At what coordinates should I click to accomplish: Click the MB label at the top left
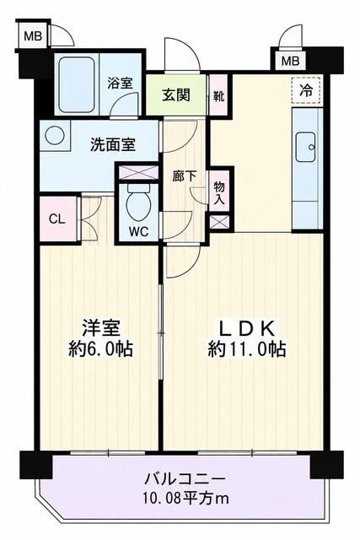tap(33, 35)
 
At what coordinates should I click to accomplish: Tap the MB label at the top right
tap(291, 62)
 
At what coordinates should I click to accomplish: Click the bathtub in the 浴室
tap(76, 84)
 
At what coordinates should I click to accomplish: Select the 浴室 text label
tap(120, 83)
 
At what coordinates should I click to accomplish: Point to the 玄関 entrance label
tap(176, 94)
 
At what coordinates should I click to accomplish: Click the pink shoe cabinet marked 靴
tap(218, 95)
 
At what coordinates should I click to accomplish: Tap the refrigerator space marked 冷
tap(306, 90)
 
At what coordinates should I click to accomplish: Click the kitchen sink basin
tap(306, 147)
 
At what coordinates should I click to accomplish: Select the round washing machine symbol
tap(53, 136)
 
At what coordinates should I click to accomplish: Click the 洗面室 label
tap(113, 144)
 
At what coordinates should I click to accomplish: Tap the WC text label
tap(139, 231)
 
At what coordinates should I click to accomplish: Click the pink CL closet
tap(57, 219)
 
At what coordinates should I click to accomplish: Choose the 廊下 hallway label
tap(185, 177)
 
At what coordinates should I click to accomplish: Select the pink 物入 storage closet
tap(219, 192)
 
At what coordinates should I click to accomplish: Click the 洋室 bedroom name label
tap(101, 328)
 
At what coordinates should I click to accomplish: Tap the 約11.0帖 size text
tap(246, 350)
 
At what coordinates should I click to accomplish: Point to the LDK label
tap(247, 328)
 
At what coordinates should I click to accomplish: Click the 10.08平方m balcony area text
tap(185, 499)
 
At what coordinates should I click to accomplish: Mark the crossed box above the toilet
tap(138, 172)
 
